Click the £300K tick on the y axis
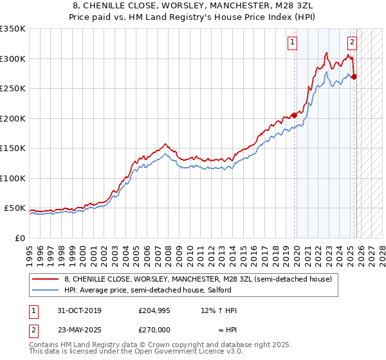point(13,59)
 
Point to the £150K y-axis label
point(13,148)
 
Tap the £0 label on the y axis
point(19,238)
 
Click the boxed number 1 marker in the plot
point(293,43)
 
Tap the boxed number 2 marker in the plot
point(353,43)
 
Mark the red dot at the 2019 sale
point(294,115)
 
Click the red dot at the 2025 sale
point(354,76)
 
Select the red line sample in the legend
point(45,279)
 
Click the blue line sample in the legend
point(45,290)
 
